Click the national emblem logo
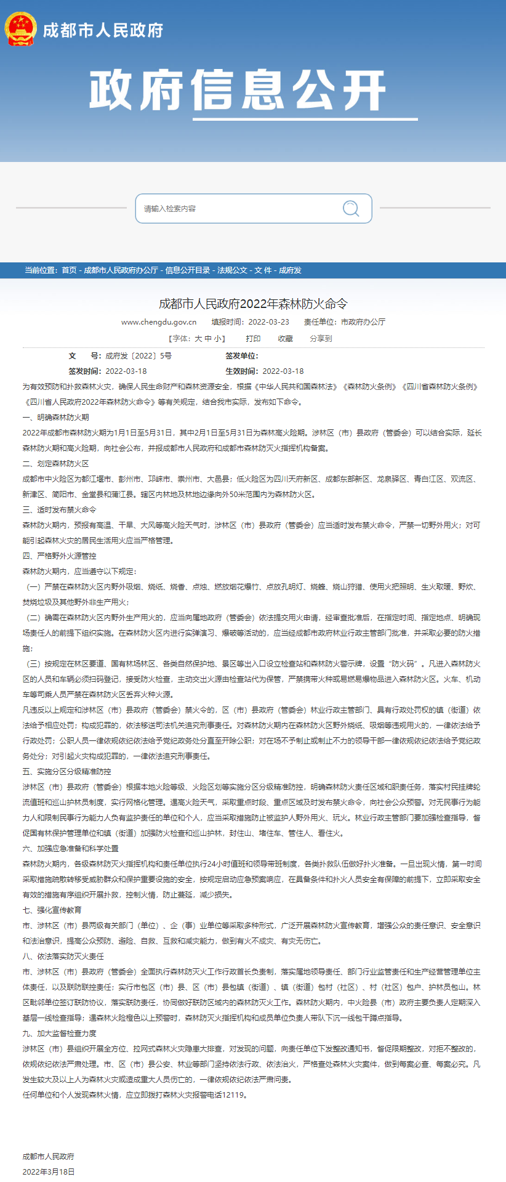[20, 29]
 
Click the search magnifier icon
[351, 208]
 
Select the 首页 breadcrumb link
[69, 270]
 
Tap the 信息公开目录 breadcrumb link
[187, 270]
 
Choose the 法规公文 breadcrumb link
[232, 270]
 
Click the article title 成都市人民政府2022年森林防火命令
[253, 304]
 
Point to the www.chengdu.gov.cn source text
[159, 322]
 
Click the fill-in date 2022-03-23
[269, 322]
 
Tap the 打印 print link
[253, 339]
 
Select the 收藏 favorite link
[285, 339]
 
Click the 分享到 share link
[321, 339]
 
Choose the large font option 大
[198, 339]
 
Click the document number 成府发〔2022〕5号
[139, 356]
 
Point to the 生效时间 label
[241, 371]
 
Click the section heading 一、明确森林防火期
[56, 418]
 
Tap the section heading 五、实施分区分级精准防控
[67, 772]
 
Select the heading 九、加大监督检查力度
[60, 1034]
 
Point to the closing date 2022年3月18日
[49, 1172]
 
